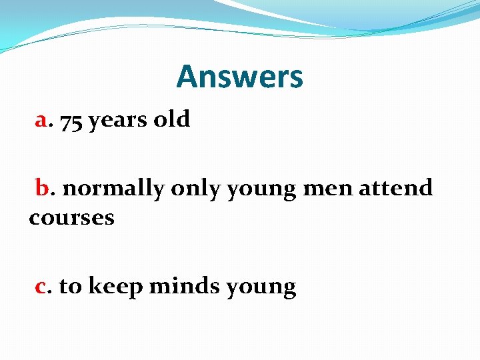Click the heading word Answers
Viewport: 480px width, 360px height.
(x=239, y=77)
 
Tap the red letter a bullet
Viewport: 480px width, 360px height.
(x=41, y=121)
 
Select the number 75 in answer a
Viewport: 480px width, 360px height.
(x=71, y=121)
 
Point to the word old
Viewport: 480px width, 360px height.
(x=172, y=120)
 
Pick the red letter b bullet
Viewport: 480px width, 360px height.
(x=43, y=188)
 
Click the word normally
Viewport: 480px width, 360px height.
(x=113, y=189)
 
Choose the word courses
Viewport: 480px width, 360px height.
(x=71, y=218)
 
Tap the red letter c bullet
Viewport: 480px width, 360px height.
(x=41, y=287)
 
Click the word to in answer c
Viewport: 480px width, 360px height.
(x=70, y=287)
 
